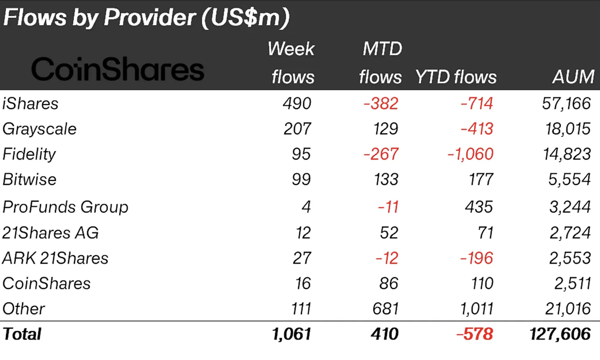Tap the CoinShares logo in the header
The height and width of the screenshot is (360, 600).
click(118, 70)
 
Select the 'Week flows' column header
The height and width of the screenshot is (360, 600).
click(292, 63)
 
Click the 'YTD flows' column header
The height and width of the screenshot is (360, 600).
click(456, 77)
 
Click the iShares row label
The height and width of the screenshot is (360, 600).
click(30, 104)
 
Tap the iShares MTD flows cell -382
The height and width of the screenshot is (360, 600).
click(380, 104)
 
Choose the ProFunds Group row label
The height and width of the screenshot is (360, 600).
click(65, 207)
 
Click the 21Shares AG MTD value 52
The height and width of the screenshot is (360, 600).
click(388, 232)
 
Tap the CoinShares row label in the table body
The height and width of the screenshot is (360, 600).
click(46, 284)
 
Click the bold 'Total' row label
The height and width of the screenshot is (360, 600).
click(22, 334)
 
